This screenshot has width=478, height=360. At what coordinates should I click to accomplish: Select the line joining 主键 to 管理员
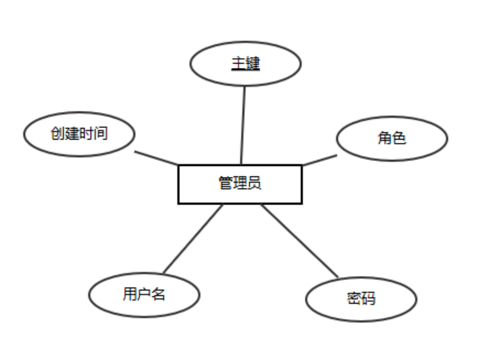tap(243, 125)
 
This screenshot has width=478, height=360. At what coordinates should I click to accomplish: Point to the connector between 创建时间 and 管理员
tap(156, 157)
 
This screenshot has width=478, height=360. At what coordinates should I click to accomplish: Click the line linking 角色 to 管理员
tap(320, 159)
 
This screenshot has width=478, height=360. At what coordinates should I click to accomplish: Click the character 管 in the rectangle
tap(226, 183)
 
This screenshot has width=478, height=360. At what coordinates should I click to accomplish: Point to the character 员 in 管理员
tap(254, 183)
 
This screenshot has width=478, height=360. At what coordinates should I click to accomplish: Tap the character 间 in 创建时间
tap(101, 133)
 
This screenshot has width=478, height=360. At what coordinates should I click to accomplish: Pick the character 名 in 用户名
tap(158, 294)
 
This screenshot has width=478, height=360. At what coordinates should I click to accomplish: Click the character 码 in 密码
tap(368, 299)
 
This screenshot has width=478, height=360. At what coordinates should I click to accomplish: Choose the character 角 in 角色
tap(384, 138)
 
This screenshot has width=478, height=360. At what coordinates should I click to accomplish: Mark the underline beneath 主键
tap(245, 70)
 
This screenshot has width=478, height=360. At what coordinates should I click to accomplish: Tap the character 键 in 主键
tap(253, 63)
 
